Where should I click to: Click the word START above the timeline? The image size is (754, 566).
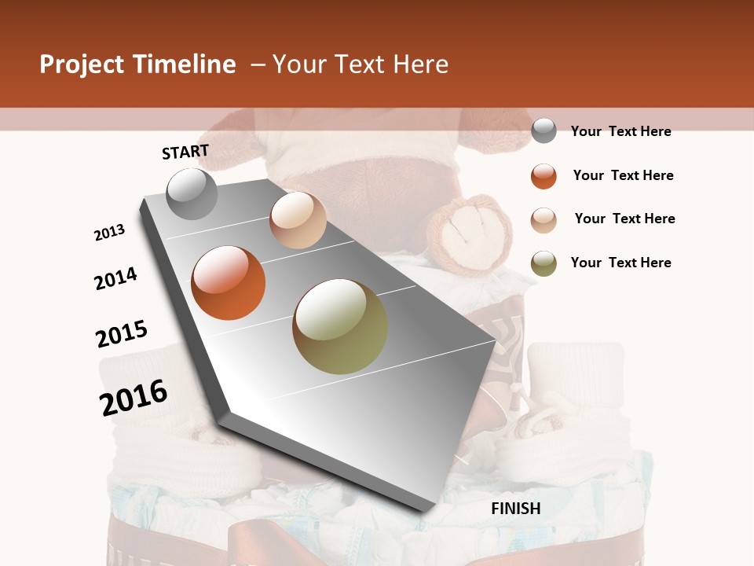185,152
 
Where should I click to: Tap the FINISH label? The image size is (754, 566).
516,509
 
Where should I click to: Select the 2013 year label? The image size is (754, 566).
110,233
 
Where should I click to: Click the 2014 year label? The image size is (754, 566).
115,278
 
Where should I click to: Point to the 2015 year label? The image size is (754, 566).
122,333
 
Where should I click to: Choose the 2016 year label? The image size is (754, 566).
134,397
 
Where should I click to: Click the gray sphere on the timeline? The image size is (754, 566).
192,193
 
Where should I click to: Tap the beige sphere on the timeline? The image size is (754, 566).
298,219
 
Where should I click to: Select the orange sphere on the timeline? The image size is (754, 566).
229,283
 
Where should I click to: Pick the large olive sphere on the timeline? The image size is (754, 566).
340,326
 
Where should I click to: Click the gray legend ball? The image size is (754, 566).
544,130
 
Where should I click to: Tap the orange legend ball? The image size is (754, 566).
544,176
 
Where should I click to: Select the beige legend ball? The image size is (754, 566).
544,219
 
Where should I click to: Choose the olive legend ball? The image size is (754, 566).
544,263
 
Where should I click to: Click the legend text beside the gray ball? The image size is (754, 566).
620,131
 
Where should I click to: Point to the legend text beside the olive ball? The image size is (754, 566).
620,263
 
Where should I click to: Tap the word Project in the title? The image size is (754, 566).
82,64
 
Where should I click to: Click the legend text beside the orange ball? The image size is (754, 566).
623,175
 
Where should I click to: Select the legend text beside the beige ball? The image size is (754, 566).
624,219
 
